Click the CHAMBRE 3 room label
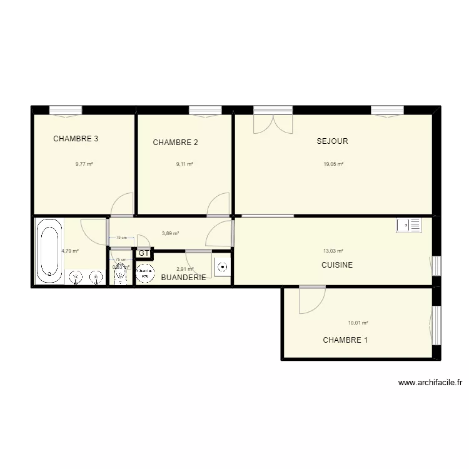(76, 139)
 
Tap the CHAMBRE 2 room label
(175, 143)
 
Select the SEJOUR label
(332, 141)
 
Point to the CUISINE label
(337, 265)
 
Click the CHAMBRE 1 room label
(345, 340)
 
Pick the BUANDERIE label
(184, 277)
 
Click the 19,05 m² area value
(333, 164)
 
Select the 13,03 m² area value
(333, 251)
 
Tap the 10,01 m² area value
(358, 323)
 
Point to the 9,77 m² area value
(84, 164)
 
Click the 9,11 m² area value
(184, 164)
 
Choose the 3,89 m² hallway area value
(170, 233)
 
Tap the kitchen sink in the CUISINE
(409, 225)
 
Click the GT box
(144, 253)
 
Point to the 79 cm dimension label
(121, 238)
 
